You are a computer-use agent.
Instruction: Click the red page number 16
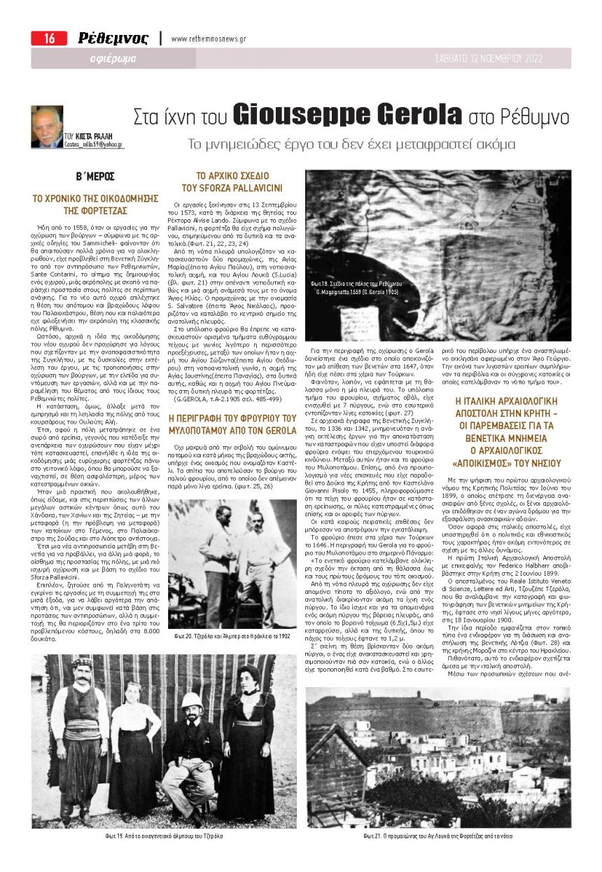pyautogui.click(x=48, y=39)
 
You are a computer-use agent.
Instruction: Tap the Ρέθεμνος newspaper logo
pyautogui.click(x=113, y=39)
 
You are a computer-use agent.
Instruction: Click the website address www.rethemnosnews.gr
pyautogui.click(x=208, y=39)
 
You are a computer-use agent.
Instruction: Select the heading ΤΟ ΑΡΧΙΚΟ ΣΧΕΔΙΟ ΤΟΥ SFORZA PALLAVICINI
pyautogui.click(x=239, y=182)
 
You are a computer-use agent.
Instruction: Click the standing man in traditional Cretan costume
pyautogui.click(x=76, y=735)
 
